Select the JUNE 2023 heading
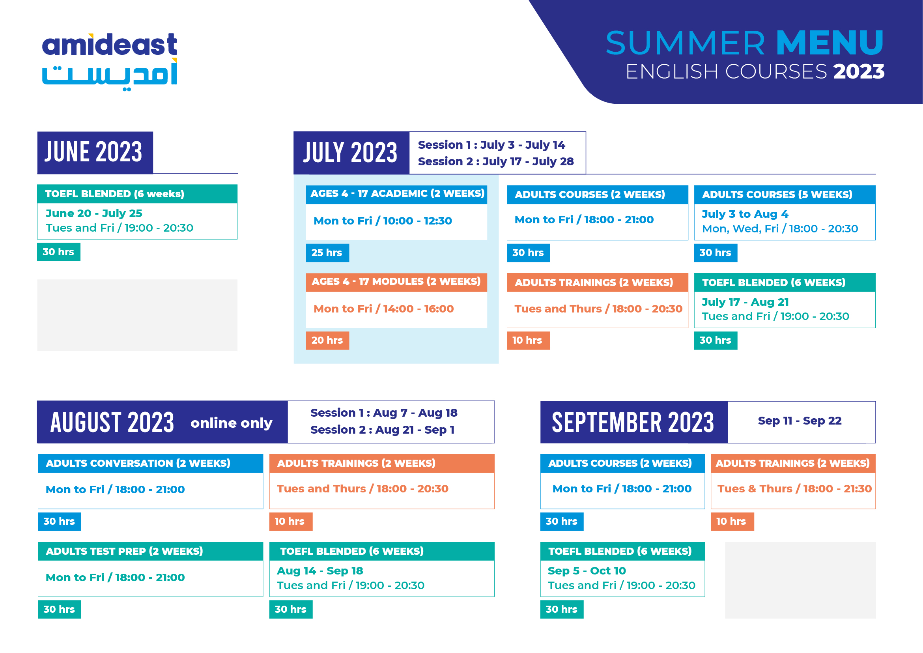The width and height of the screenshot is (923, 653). [x=93, y=152]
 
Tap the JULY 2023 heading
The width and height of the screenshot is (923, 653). [x=350, y=153]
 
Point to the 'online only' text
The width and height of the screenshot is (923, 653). [x=231, y=423]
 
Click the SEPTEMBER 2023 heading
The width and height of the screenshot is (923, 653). [x=633, y=422]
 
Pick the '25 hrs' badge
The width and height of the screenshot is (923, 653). [x=327, y=253]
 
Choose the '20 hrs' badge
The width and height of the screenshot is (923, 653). [x=327, y=341]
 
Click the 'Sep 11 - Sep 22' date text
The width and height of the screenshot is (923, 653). [x=799, y=421]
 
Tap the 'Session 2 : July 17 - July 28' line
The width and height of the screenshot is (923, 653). [x=496, y=162]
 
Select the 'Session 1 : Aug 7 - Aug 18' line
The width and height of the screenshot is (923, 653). [x=383, y=413]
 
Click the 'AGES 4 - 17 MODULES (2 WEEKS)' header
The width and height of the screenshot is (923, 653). [x=396, y=281]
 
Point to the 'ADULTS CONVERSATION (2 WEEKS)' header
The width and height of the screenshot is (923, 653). [x=138, y=463]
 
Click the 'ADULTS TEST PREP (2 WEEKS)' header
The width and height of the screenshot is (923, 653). [x=124, y=551]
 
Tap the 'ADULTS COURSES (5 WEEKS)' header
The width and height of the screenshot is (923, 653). [x=777, y=195]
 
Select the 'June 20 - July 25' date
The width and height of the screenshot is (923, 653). [x=93, y=213]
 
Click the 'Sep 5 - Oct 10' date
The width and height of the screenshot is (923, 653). [x=587, y=571]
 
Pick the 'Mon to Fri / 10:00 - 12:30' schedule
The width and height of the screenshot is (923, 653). [x=382, y=221]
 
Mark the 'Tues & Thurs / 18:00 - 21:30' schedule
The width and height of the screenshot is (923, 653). [x=794, y=489]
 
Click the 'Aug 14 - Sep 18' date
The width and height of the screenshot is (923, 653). [x=319, y=571]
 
